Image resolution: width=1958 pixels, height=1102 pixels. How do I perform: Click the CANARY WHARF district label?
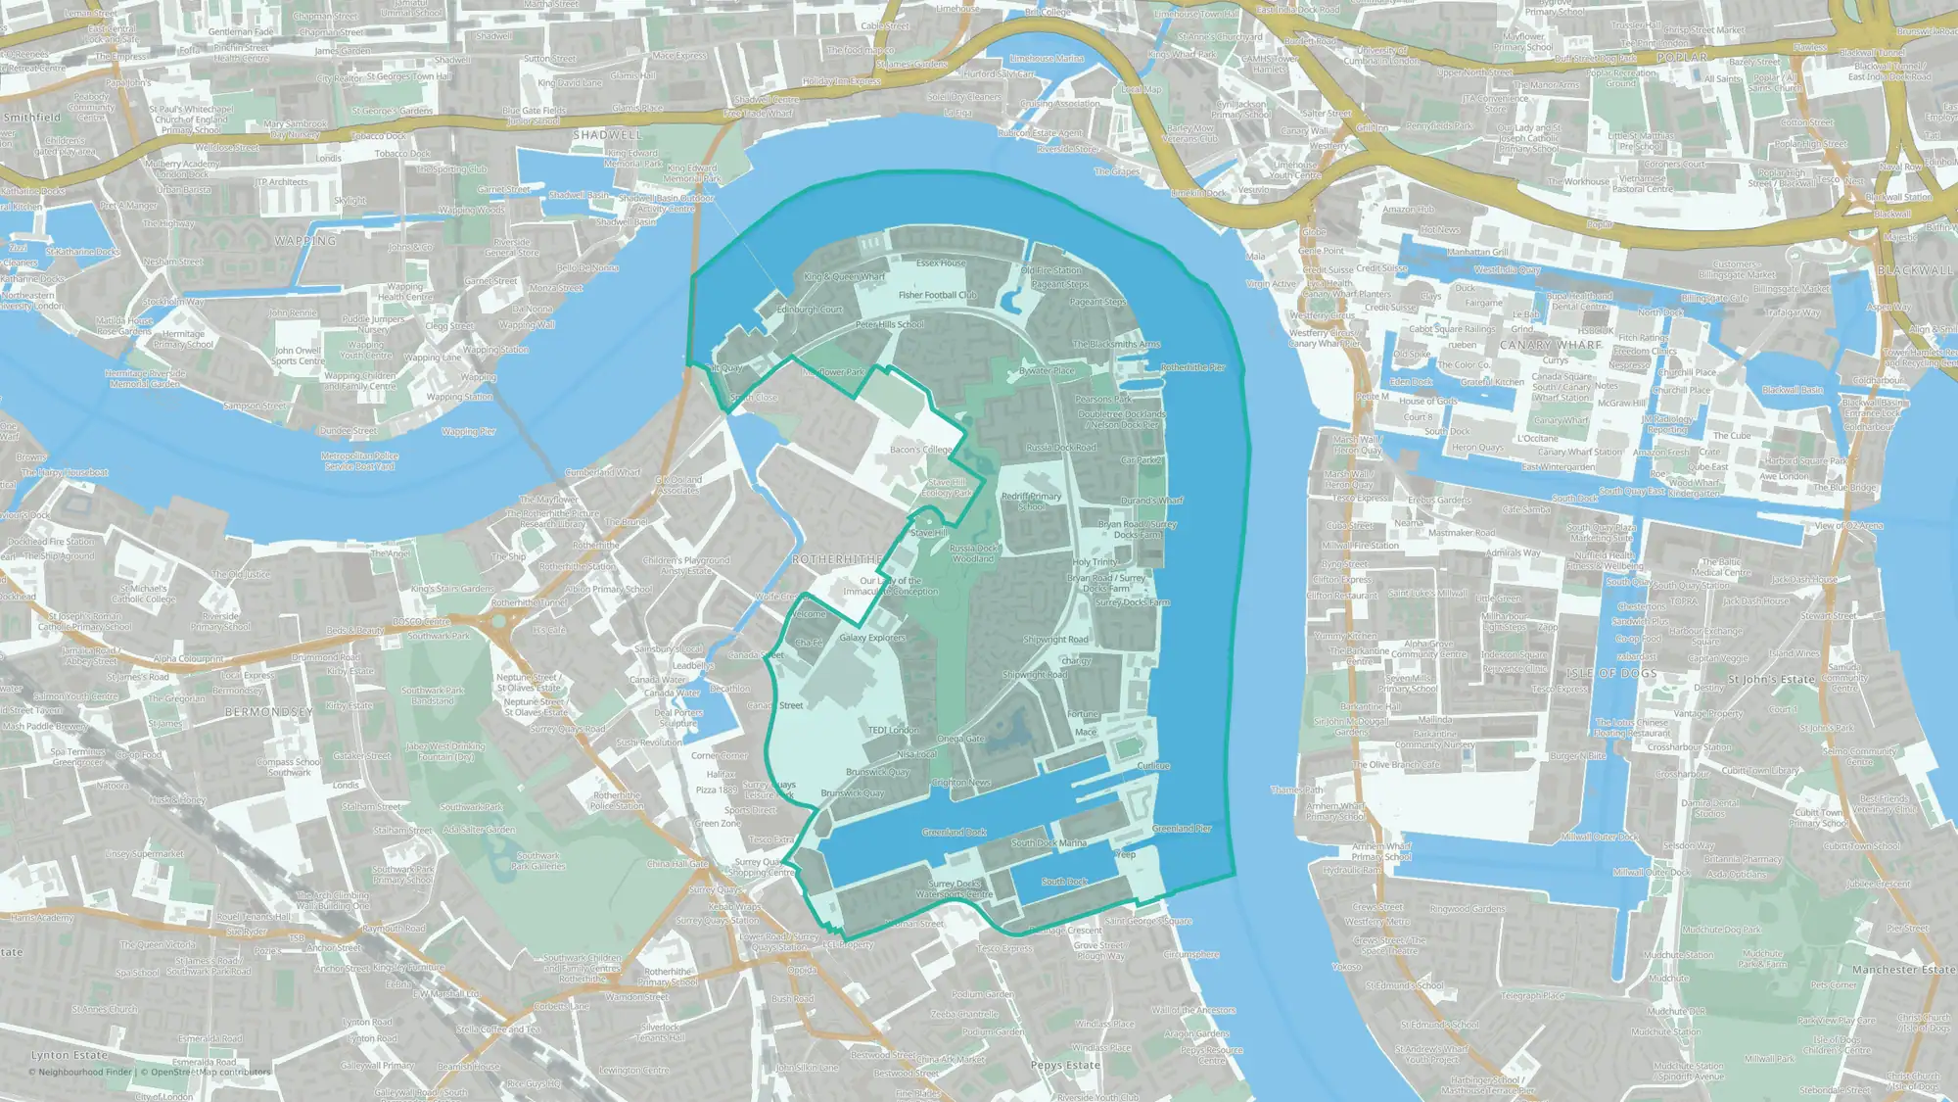pyautogui.click(x=1550, y=345)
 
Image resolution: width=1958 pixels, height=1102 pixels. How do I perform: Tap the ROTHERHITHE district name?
pyautogui.click(x=837, y=559)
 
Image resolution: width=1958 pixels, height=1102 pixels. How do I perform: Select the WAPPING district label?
pyautogui.click(x=305, y=241)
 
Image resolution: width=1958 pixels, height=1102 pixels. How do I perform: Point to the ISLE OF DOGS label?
pyautogui.click(x=1611, y=673)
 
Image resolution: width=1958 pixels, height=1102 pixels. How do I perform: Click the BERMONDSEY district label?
pyautogui.click(x=269, y=712)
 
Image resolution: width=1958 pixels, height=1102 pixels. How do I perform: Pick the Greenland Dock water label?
pyautogui.click(x=954, y=833)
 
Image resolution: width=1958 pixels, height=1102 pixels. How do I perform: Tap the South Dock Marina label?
pyautogui.click(x=1049, y=842)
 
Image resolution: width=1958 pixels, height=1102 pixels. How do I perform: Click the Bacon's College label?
pyautogui.click(x=920, y=450)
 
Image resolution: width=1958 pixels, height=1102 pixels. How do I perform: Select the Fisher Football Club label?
pyautogui.click(x=937, y=295)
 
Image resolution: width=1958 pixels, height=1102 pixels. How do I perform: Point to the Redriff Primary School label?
pyautogui.click(x=1031, y=502)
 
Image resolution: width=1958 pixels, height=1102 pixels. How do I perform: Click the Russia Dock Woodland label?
pyautogui.click(x=973, y=553)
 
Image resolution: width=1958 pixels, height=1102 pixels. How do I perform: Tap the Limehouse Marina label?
pyautogui.click(x=1047, y=59)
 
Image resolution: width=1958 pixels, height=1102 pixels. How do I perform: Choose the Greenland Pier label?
pyautogui.click(x=1182, y=829)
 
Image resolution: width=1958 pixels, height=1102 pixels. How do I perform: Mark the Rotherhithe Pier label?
pyautogui.click(x=1192, y=367)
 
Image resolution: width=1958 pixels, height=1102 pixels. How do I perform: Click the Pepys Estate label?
pyautogui.click(x=1065, y=1065)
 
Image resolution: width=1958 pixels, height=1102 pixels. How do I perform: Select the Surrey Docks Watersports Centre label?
pyautogui.click(x=955, y=888)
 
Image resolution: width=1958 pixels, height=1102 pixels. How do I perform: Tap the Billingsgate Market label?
pyautogui.click(x=1792, y=289)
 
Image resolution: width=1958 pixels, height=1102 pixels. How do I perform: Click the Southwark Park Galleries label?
pyautogui.click(x=537, y=860)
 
